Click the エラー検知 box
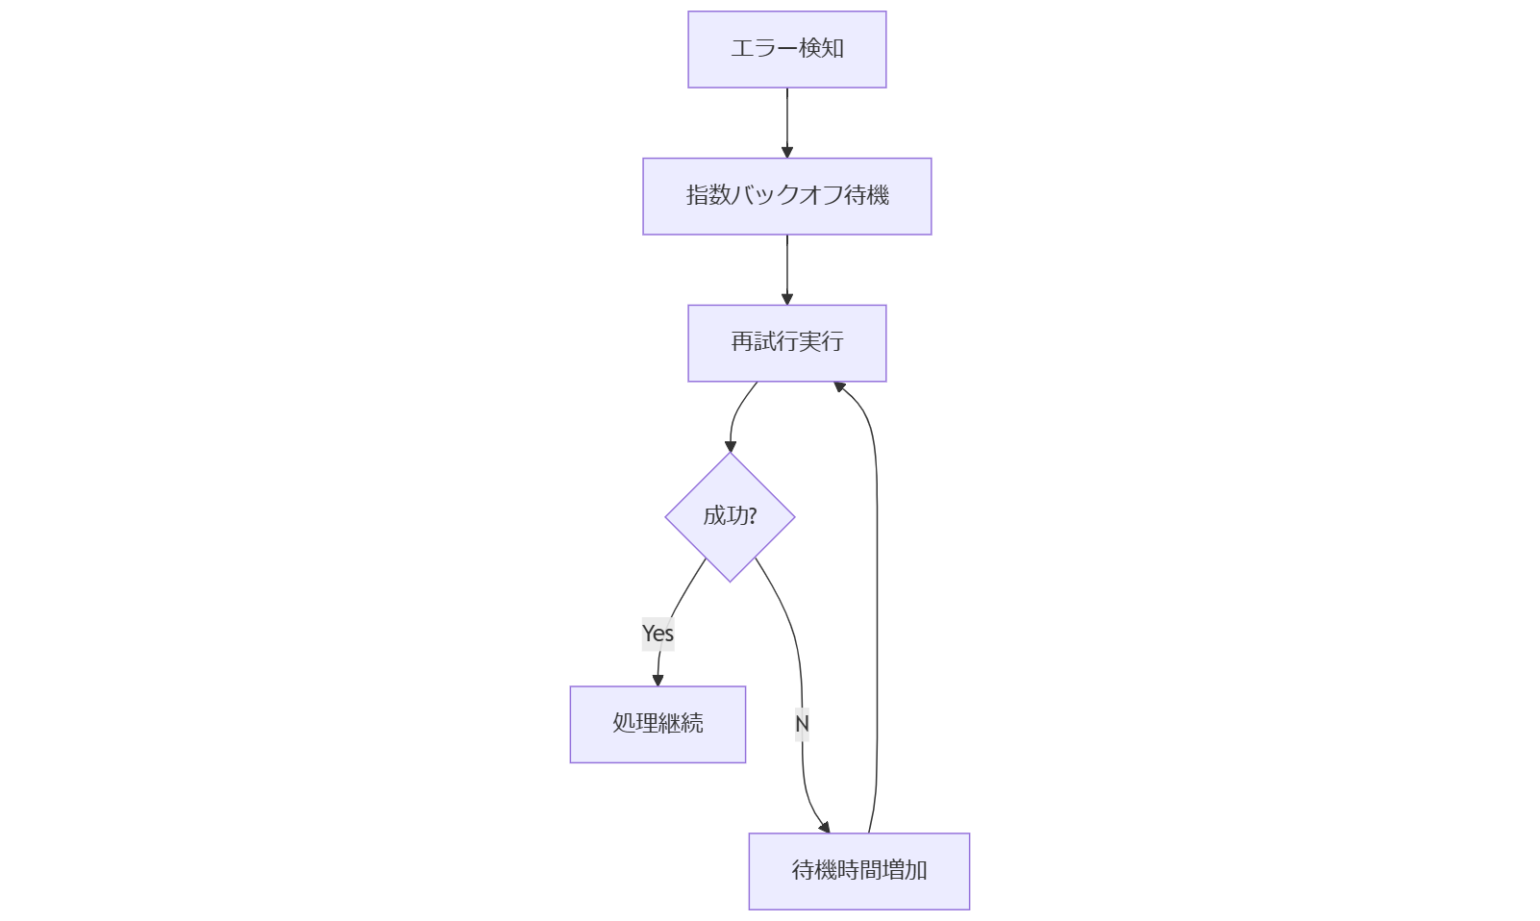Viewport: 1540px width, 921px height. point(786,49)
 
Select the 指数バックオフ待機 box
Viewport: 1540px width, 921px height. point(786,196)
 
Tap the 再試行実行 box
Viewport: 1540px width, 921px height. point(786,343)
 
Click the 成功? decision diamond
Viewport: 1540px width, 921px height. point(730,517)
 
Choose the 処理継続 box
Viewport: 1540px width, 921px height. point(658,724)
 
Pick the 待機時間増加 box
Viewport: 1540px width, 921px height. point(858,871)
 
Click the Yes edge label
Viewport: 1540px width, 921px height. point(658,634)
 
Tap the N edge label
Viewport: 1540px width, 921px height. point(802,723)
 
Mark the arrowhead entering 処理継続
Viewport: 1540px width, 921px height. point(658,680)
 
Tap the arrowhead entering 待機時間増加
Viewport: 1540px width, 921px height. point(824,826)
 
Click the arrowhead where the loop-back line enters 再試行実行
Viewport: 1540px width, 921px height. point(839,386)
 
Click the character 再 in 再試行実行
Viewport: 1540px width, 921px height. point(741,342)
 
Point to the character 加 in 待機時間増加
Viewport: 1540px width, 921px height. point(916,871)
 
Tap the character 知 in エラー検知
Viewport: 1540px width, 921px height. point(832,48)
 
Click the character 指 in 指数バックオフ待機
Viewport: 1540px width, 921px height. point(697,195)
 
